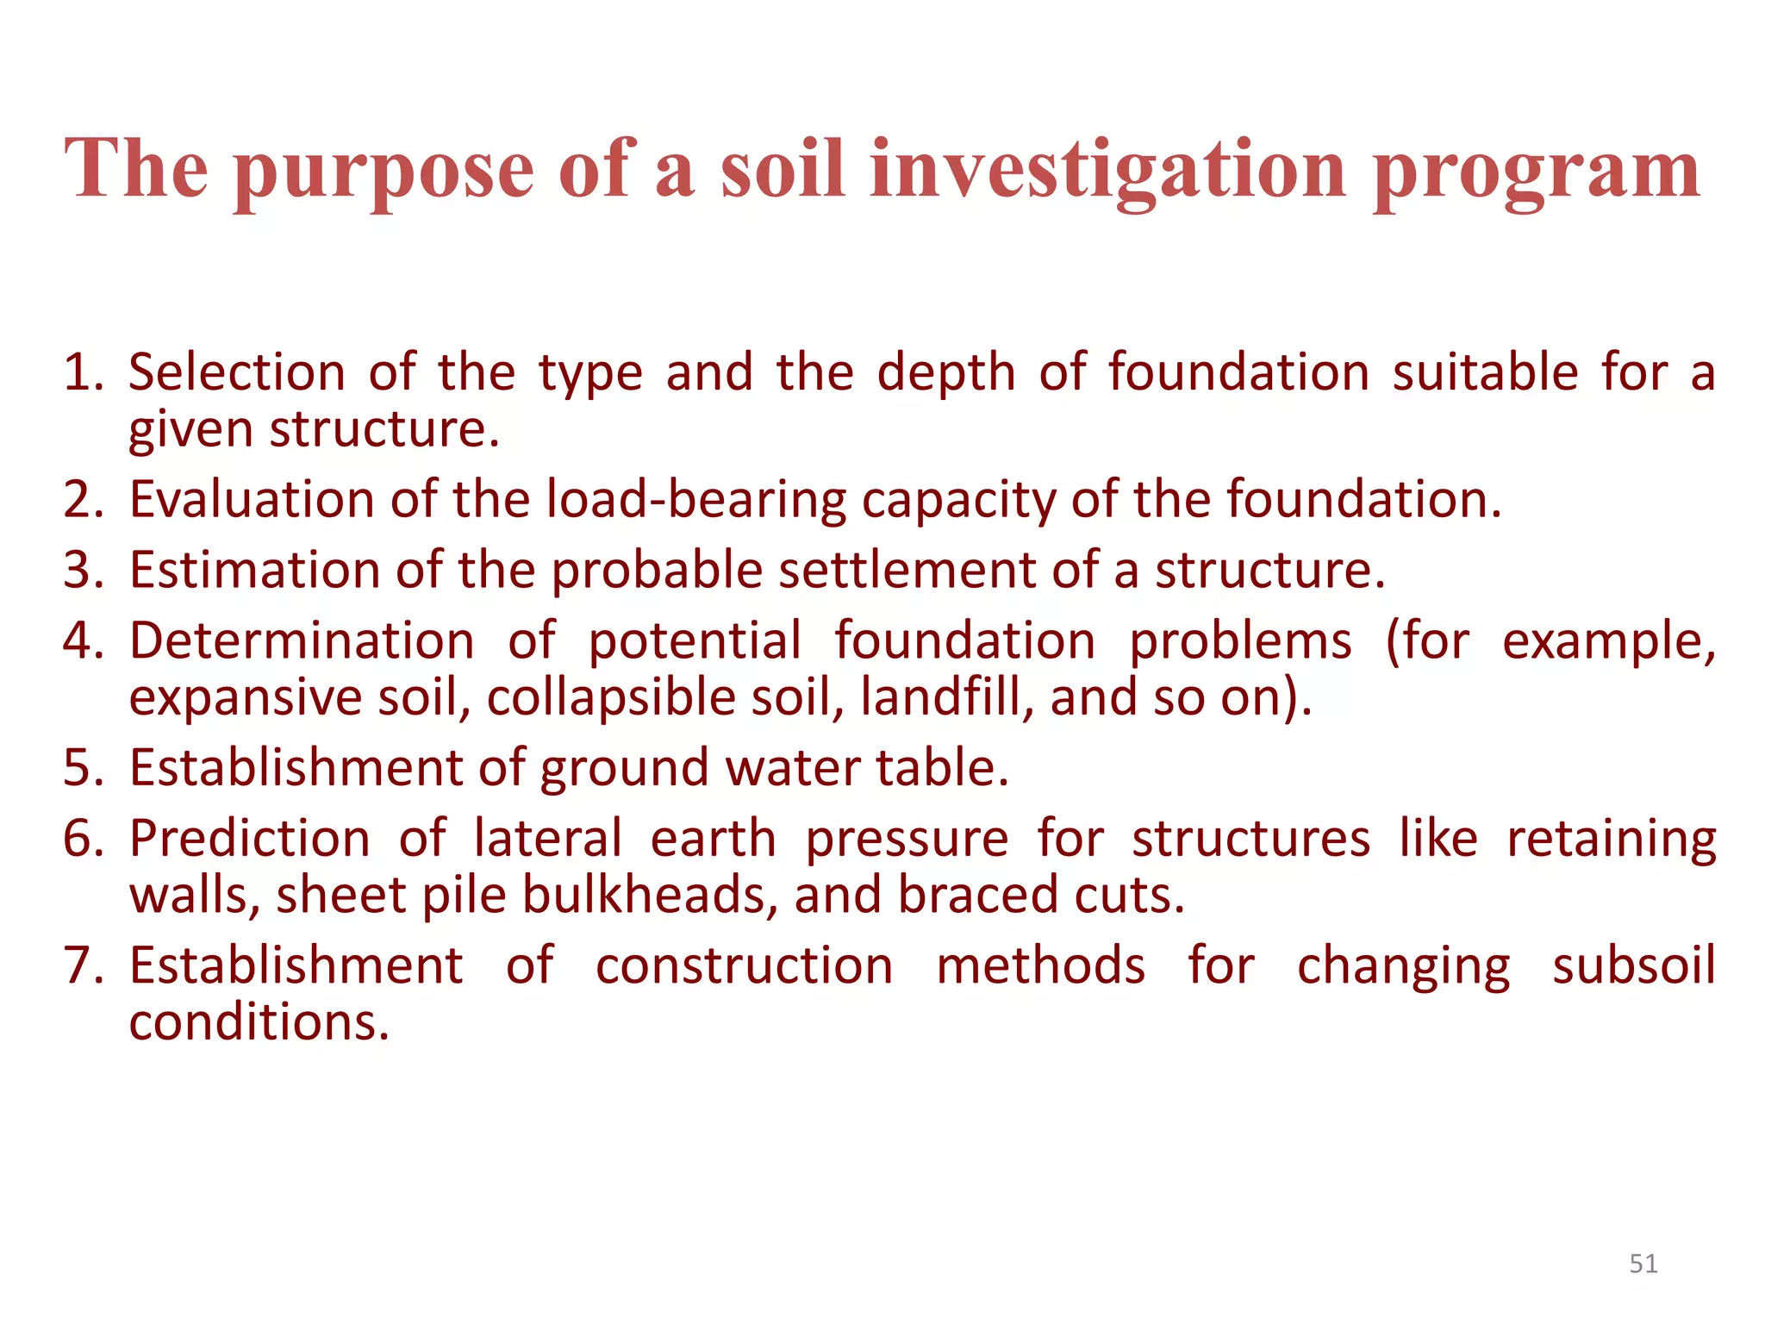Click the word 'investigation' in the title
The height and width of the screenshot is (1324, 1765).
coord(1107,169)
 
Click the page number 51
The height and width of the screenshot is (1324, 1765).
coord(1643,1264)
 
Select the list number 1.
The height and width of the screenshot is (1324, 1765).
coord(83,372)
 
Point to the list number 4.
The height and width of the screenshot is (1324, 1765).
coord(83,641)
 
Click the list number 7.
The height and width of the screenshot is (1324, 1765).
coord(83,965)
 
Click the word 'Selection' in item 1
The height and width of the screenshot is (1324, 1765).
coord(237,372)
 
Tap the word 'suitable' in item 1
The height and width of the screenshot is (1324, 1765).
coord(1486,372)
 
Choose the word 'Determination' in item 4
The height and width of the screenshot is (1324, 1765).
coord(302,641)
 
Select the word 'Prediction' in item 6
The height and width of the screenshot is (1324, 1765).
coord(250,839)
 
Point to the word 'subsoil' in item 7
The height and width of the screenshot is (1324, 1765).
coord(1634,965)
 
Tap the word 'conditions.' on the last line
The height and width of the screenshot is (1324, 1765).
coord(259,1022)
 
